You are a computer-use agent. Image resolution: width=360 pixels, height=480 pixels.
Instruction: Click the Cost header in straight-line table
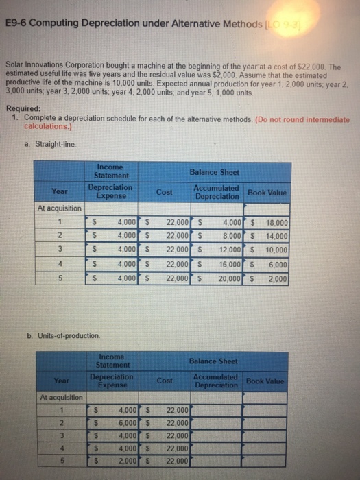pyautogui.click(x=165, y=193)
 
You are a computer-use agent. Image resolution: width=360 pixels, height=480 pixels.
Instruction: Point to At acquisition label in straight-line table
pyautogui.click(x=60, y=208)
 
